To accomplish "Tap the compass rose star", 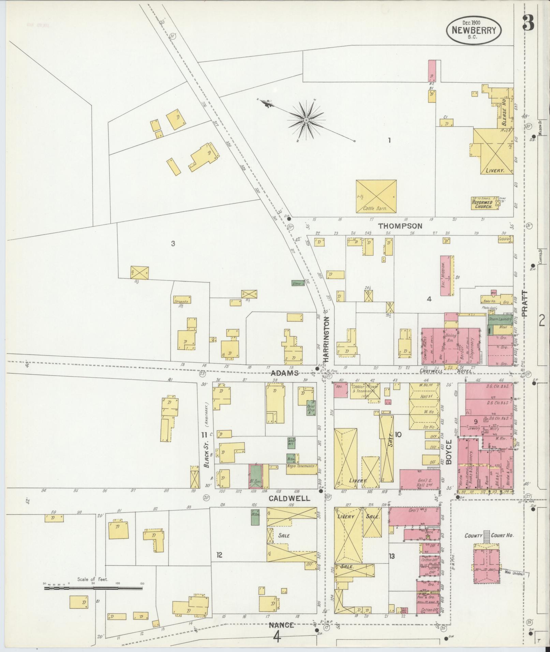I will (x=306, y=120).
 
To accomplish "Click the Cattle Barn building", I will (x=376, y=197).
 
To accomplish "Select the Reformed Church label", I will (x=482, y=204).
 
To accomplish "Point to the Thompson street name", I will (x=400, y=226).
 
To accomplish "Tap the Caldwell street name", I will (x=289, y=498).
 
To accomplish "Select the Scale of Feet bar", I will (x=93, y=588).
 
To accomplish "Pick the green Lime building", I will (x=298, y=283).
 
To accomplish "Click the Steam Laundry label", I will (x=500, y=319).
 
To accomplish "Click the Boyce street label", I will (x=448, y=452).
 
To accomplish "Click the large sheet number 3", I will (x=528, y=23).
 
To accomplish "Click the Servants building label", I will (x=181, y=301).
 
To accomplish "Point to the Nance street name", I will (x=281, y=625).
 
